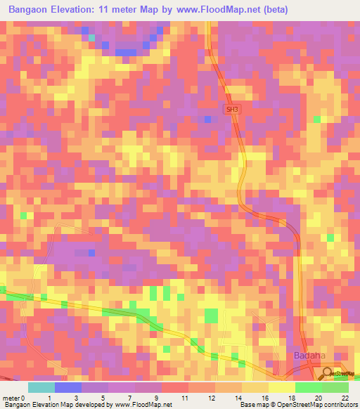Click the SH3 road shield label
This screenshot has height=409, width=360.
231,110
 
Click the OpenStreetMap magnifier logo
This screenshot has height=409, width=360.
327,372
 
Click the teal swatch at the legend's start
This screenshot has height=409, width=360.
41,387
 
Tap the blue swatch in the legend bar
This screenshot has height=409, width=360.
68,387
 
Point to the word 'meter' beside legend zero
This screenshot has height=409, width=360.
12,398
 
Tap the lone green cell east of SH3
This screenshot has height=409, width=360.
316,119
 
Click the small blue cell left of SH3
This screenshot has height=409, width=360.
207,119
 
